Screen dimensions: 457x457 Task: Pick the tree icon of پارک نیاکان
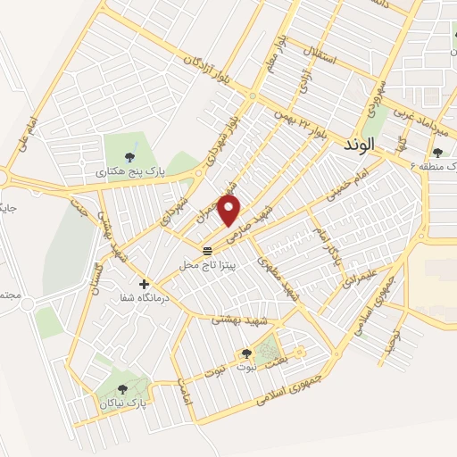click(123, 388)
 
